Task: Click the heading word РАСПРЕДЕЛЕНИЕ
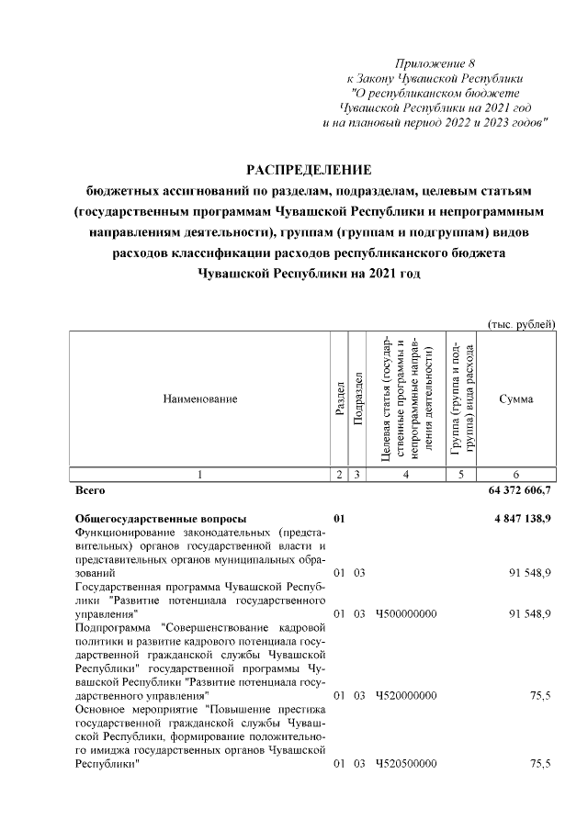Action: coord(308,170)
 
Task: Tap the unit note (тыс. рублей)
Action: coord(521,323)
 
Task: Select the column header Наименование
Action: coord(199,399)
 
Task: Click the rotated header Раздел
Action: coord(340,399)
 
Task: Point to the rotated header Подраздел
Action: coord(359,399)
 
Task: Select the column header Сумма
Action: coord(515,399)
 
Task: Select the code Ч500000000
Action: coord(406,612)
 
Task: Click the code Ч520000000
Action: coord(406,696)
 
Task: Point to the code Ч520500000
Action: coord(406,764)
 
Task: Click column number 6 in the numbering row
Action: coord(515,474)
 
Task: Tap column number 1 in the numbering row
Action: coord(199,474)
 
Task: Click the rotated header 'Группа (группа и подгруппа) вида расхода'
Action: coord(461,399)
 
